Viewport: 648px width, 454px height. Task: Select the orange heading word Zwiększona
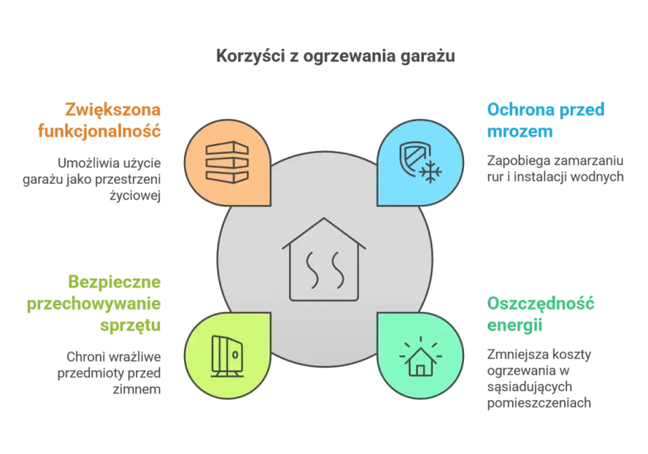click(113, 110)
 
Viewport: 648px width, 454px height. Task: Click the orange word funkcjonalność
click(99, 131)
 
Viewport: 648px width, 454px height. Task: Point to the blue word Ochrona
click(519, 110)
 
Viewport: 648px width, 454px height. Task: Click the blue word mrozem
click(520, 132)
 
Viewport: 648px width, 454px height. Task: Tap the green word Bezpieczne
click(114, 282)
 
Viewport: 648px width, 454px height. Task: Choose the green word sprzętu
click(130, 326)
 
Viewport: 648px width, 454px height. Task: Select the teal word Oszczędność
click(540, 304)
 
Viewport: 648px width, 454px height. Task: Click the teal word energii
click(515, 326)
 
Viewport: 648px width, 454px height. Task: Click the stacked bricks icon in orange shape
click(227, 162)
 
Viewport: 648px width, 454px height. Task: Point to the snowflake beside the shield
click(431, 172)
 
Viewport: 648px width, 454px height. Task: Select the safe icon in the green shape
click(227, 356)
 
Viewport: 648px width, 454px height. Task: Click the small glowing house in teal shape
click(421, 357)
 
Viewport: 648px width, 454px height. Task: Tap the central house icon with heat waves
click(324, 259)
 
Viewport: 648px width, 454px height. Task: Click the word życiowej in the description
click(135, 196)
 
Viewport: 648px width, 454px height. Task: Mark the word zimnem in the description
click(137, 389)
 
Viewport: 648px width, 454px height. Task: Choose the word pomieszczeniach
click(539, 403)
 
